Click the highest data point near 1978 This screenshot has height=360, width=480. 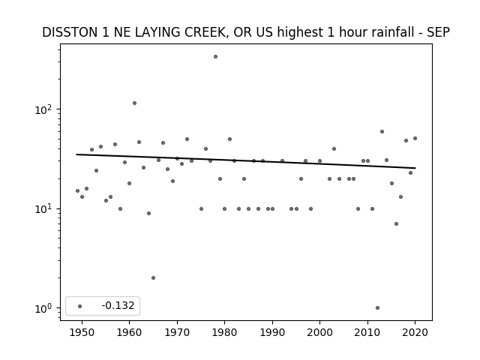pyautogui.click(x=215, y=57)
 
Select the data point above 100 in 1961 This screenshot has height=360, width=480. pyautogui.click(x=134, y=103)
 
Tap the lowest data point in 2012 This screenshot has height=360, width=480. pyautogui.click(x=377, y=308)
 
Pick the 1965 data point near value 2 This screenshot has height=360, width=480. pyautogui.click(x=153, y=278)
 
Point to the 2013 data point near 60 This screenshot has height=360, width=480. pyautogui.click(x=382, y=132)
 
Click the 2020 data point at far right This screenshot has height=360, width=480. pyautogui.click(x=415, y=138)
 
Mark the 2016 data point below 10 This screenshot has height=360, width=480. pyautogui.click(x=397, y=223)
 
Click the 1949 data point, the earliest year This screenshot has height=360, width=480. pyautogui.click(x=77, y=190)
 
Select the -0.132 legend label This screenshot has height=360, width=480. pyautogui.click(x=118, y=305)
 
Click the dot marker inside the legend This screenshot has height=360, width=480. pyautogui.click(x=80, y=306)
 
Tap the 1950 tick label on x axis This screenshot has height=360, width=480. pyautogui.click(x=82, y=332)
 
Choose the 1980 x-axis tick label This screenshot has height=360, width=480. pyautogui.click(x=224, y=332)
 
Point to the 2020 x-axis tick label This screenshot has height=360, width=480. pyautogui.click(x=415, y=332)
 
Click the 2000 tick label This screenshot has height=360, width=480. pyautogui.click(x=319, y=332)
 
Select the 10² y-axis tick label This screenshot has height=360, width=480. pyautogui.click(x=44, y=109)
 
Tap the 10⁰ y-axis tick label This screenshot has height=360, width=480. pyautogui.click(x=44, y=308)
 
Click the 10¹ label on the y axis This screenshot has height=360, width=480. pyautogui.click(x=44, y=209)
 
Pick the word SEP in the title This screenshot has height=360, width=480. pyautogui.click(x=438, y=32)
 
